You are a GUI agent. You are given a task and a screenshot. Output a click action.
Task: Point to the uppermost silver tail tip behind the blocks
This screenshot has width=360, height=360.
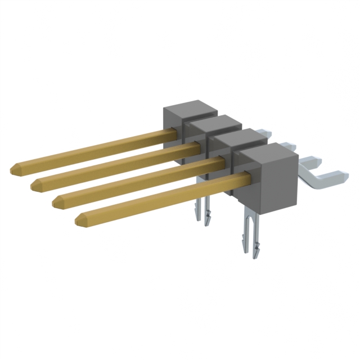click(267, 133)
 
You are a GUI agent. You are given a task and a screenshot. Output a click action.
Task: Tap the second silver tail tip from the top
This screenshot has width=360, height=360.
click(289, 147)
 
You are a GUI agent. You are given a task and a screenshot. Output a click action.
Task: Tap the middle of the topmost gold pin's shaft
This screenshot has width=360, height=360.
click(93, 150)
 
